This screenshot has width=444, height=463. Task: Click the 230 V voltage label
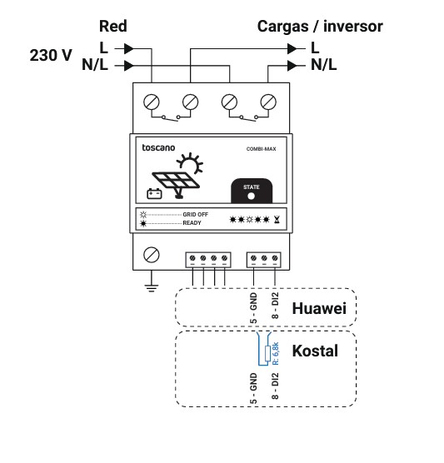coord(51,55)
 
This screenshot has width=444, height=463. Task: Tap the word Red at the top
coord(112,27)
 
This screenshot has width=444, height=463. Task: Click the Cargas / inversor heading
coord(320,27)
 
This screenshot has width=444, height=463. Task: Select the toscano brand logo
coord(158,147)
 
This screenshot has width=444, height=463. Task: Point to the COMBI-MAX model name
coord(261,149)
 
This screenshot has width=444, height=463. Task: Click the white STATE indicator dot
coord(251,196)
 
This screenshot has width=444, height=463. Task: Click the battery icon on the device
coord(154,194)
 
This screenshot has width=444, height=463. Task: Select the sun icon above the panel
coord(191,163)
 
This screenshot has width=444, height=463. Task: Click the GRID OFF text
coord(195,215)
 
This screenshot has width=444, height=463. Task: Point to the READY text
coord(192,223)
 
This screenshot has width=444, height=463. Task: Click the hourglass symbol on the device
coord(277,219)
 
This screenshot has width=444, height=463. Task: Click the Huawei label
coord(319,308)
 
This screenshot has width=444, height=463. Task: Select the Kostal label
coord(315,351)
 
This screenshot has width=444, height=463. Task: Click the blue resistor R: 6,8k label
coord(276,353)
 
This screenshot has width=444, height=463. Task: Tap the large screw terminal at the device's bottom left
coord(152,255)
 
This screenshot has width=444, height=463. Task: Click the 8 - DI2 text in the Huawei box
coord(275,306)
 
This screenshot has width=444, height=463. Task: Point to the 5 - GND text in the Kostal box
coord(253,388)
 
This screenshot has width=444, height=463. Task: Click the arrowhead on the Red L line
coord(129,49)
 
